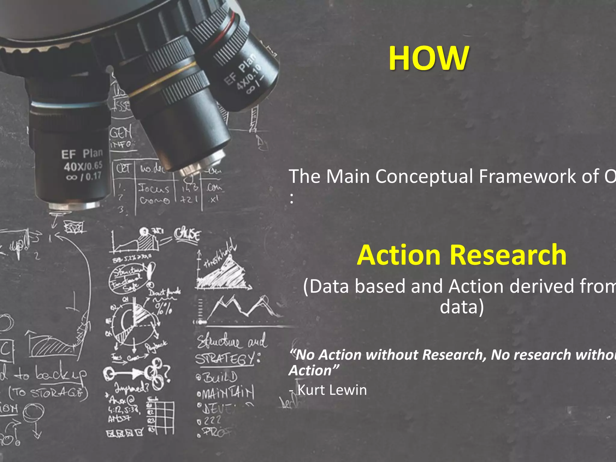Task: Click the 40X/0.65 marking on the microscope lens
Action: [83, 166]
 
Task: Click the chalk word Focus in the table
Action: [154, 189]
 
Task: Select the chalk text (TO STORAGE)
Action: [48, 393]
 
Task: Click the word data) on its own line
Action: [462, 307]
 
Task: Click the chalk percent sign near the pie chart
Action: [164, 308]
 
